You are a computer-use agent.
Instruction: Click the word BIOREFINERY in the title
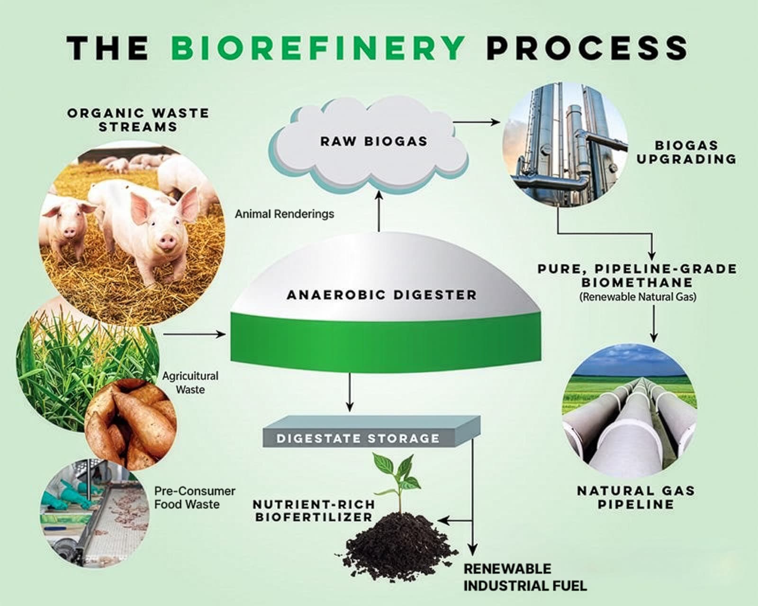(x=317, y=47)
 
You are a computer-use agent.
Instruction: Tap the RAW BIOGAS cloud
(x=373, y=141)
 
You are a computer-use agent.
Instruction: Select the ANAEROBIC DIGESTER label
(x=381, y=295)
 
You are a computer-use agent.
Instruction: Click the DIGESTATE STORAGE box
(x=358, y=438)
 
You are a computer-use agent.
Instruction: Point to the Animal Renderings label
(x=284, y=214)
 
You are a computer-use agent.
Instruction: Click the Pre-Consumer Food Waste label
(x=194, y=498)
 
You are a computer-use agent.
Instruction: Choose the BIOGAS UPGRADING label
(x=686, y=152)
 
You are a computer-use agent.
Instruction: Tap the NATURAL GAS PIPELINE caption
(x=635, y=497)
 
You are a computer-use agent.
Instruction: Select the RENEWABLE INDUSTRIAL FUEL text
(x=525, y=577)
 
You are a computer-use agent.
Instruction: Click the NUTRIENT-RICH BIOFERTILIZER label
(x=314, y=510)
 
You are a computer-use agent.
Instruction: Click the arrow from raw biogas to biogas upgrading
(x=476, y=122)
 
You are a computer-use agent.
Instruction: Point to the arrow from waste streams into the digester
(x=194, y=334)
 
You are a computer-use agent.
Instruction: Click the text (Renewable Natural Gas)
(x=637, y=297)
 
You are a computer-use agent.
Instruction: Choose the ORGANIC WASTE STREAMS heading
(x=138, y=120)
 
